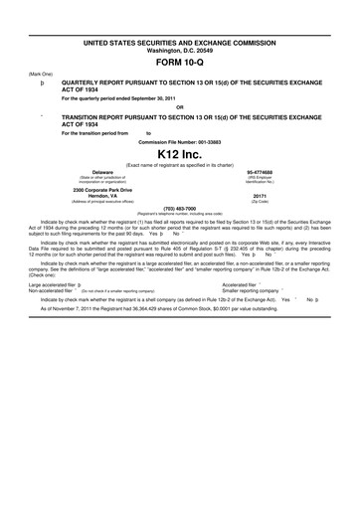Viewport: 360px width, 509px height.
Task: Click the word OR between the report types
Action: click(x=179, y=107)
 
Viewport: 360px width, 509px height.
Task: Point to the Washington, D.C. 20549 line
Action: click(x=179, y=43)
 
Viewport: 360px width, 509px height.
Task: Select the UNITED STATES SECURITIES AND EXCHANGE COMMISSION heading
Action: click(x=179, y=35)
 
